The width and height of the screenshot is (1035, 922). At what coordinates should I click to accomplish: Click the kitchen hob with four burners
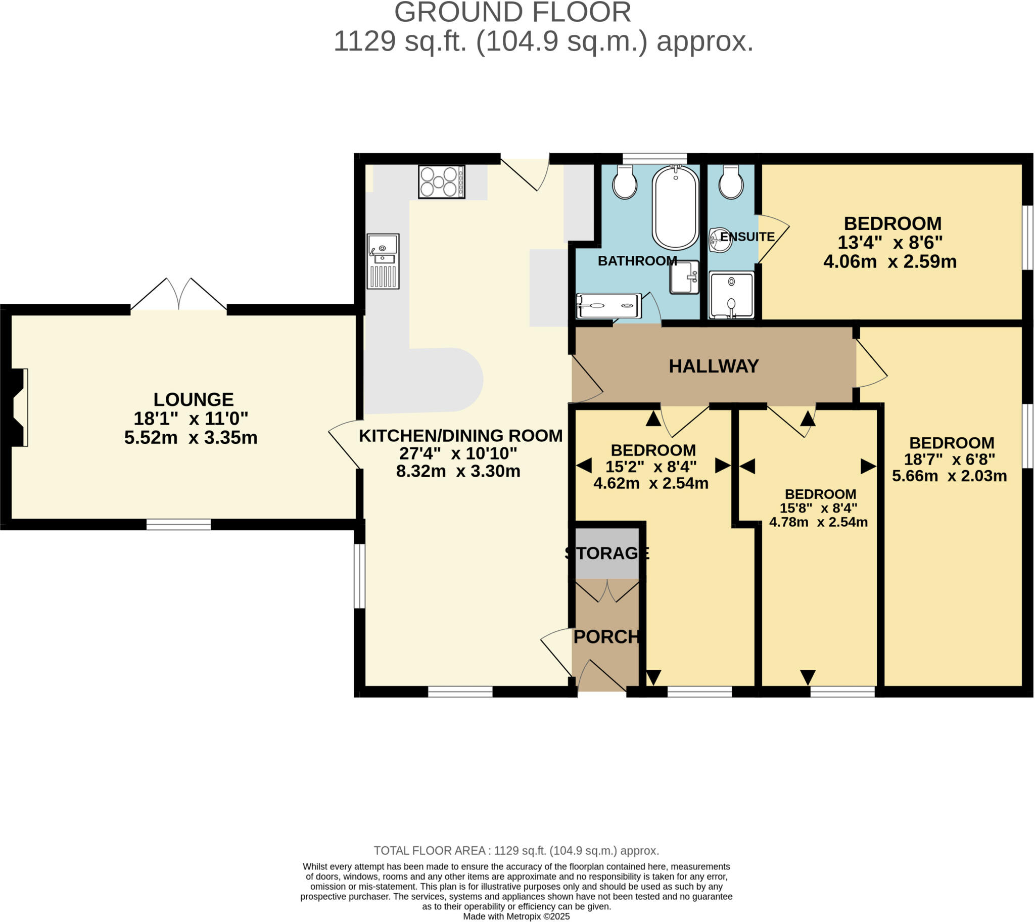[x=441, y=182]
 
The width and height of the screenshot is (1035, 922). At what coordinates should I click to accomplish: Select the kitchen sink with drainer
[x=383, y=261]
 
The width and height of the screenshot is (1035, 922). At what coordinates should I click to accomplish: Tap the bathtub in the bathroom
[x=675, y=208]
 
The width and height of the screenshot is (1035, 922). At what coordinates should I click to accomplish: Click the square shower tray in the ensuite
[x=731, y=295]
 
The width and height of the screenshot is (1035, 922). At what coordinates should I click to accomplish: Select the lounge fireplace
[x=17, y=407]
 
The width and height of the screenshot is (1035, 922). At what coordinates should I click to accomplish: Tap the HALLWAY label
[x=714, y=366]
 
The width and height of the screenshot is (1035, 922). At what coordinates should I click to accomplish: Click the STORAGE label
[x=606, y=552]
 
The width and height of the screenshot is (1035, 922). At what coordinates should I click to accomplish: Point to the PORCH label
[x=606, y=637]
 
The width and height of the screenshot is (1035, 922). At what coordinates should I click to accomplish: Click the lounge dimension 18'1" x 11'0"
[x=191, y=419]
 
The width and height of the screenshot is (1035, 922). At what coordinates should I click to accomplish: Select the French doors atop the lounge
[x=178, y=295]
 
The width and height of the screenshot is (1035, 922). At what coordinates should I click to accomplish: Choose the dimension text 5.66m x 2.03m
[x=949, y=476]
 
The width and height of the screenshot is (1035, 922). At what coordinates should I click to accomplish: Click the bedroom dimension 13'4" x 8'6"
[x=889, y=243]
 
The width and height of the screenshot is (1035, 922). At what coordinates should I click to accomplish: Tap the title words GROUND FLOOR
[x=512, y=12]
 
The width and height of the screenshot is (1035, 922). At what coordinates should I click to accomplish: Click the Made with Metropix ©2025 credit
[x=516, y=916]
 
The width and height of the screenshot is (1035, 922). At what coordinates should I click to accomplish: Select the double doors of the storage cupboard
[x=607, y=591]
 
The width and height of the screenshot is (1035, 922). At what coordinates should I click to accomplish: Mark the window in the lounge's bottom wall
[x=178, y=524]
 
